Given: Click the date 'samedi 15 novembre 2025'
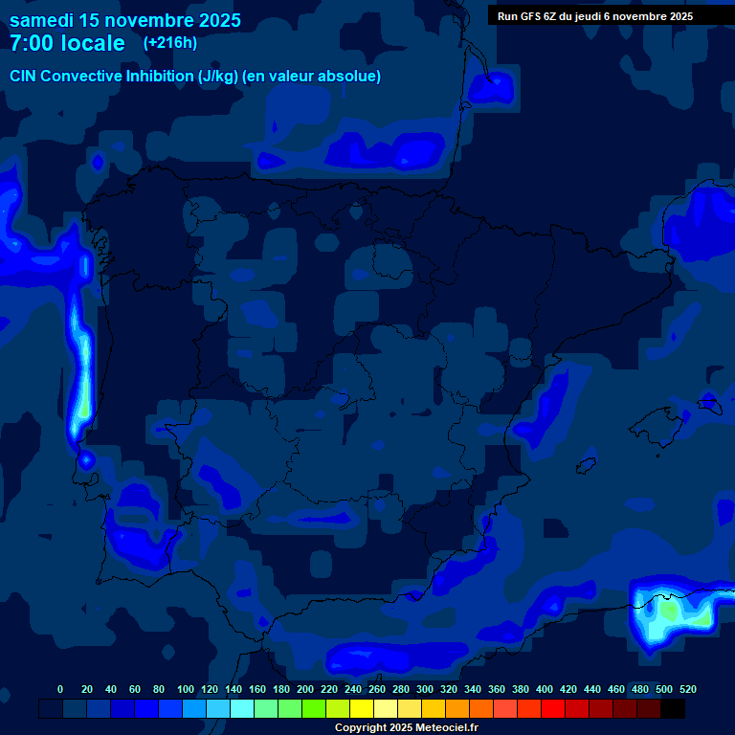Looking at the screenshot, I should [125, 20].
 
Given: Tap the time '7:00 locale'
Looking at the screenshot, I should [67, 43].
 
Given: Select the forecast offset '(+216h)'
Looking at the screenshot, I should [169, 43].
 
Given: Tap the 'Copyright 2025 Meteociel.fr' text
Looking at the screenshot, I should [406, 727].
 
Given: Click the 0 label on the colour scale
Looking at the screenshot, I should [60, 689].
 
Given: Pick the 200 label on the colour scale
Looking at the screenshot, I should [305, 689].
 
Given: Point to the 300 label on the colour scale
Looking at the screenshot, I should [424, 689].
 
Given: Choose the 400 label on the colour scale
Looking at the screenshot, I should [545, 689].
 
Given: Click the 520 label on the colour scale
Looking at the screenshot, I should [687, 689].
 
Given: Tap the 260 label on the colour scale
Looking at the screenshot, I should [377, 689].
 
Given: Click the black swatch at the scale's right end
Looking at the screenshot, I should [673, 709].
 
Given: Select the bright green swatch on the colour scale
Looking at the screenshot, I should [314, 709].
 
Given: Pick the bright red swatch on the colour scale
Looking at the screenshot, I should [553, 709].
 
